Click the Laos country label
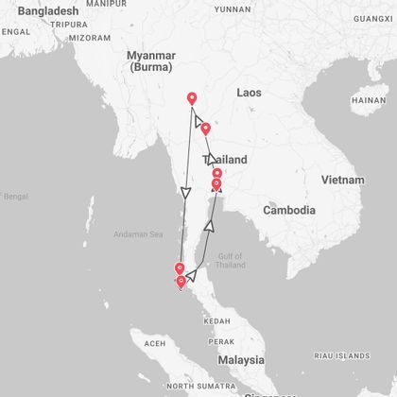pos(249,93)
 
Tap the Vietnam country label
pos(342,180)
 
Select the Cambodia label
pos(288,210)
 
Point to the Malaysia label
pos(239,360)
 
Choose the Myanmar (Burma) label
pos(152,62)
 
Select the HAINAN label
pos(369,100)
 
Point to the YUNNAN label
pos(233,9)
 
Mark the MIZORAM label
pos(91,38)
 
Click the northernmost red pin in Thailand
pos(192,98)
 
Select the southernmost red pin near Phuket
pos(181,282)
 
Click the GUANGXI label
pos(372,18)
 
